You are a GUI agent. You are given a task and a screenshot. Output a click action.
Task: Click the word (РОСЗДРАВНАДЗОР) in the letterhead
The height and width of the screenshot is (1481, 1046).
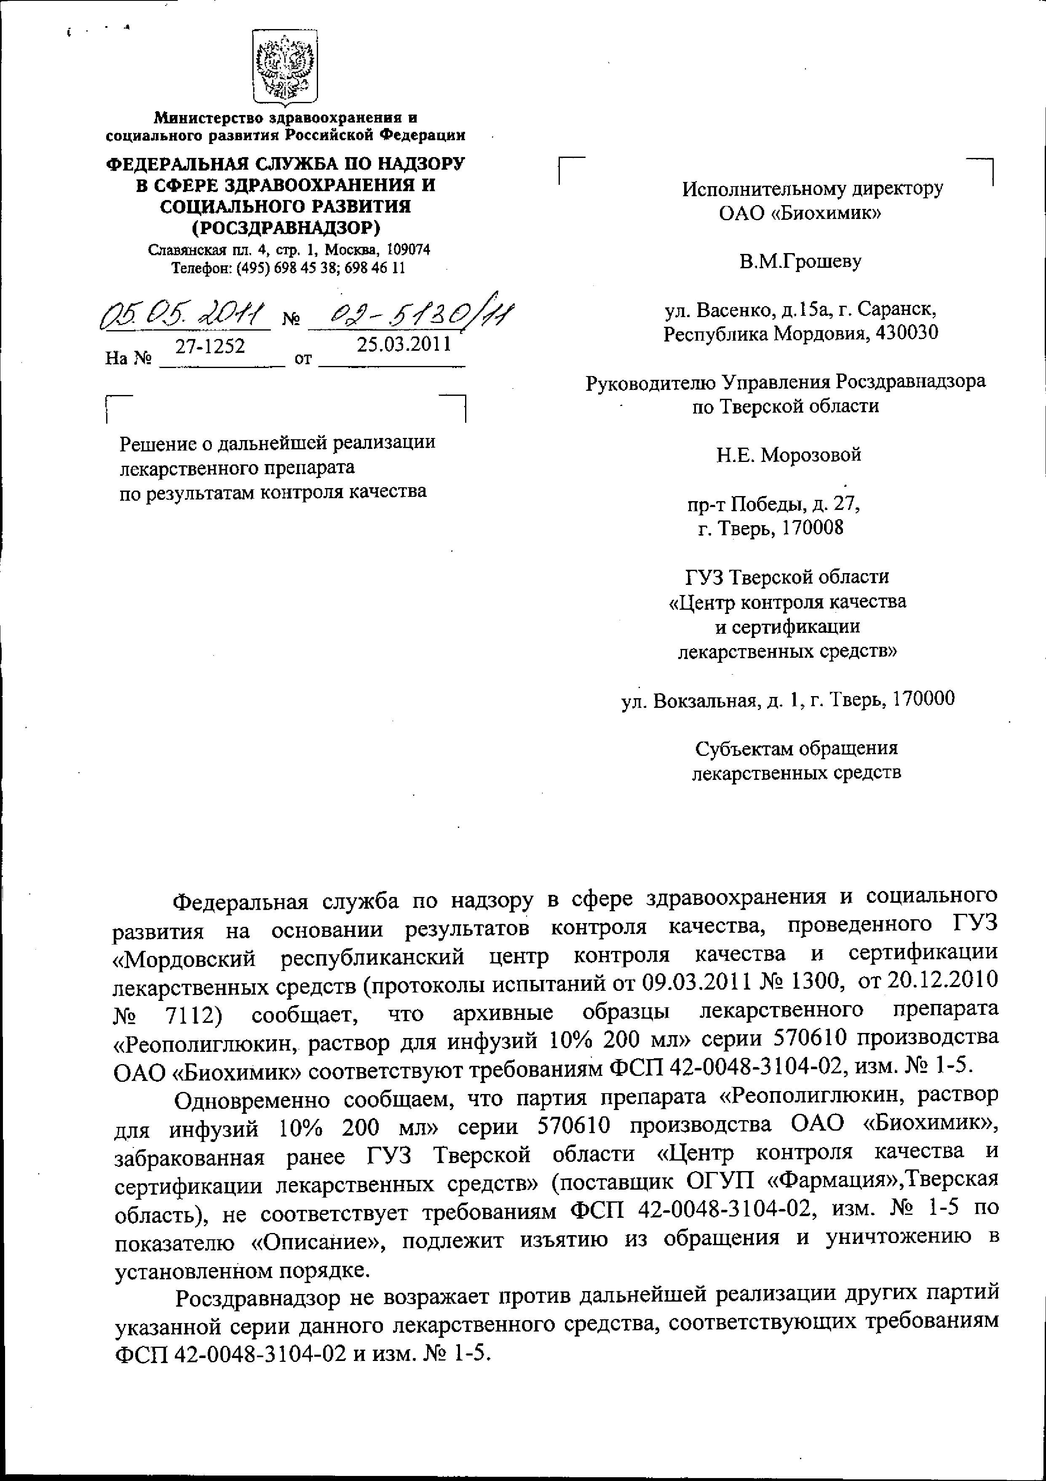285,228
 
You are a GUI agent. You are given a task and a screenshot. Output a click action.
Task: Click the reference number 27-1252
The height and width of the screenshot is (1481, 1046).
210,347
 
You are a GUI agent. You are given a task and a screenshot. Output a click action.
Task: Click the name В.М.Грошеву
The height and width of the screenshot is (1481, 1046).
800,262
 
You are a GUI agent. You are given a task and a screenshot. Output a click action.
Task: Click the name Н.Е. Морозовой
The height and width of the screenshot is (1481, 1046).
789,455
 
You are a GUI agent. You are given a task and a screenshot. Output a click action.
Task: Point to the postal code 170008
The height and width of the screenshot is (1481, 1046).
812,528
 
